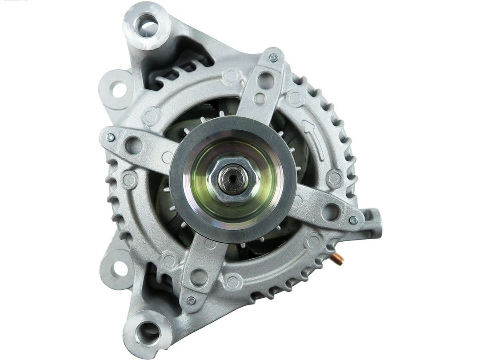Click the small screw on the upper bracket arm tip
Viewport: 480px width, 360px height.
click(273, 58)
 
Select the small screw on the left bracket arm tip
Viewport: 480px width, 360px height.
click(111, 137)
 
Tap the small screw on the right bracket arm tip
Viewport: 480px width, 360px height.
click(353, 220)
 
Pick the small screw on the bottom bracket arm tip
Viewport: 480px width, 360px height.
click(191, 300)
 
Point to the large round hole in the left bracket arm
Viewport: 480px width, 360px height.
click(132, 145)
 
